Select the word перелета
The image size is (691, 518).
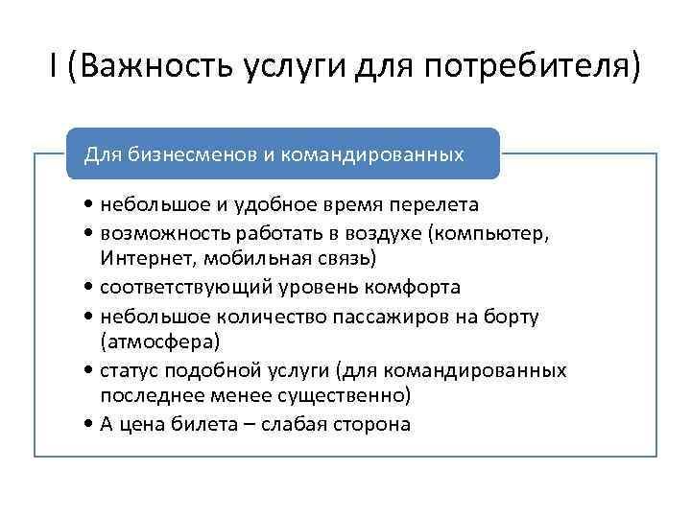437,204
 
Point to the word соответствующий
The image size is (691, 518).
177,287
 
